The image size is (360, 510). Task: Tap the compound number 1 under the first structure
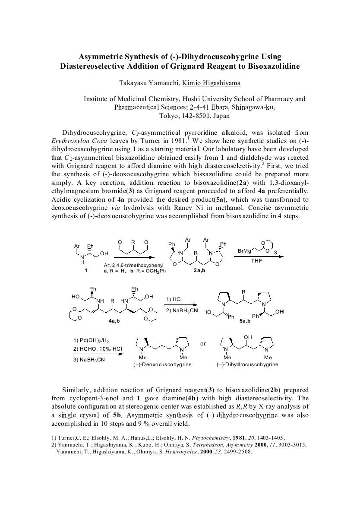(86, 270)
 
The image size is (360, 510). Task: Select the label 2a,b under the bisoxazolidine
(200, 270)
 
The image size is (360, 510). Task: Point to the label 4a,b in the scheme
(114, 321)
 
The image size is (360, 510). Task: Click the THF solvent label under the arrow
(257, 260)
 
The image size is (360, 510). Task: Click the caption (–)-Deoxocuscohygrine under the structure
(161, 364)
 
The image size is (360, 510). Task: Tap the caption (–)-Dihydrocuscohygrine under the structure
(247, 364)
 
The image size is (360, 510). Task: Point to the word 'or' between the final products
(203, 344)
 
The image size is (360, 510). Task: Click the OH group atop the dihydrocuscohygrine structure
(247, 337)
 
